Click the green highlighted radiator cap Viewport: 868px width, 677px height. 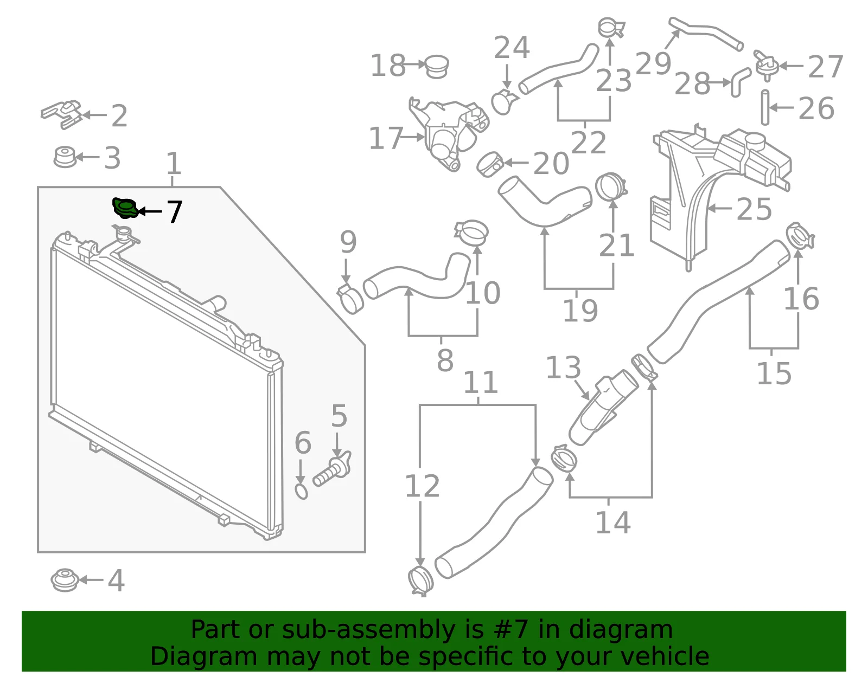coord(125,208)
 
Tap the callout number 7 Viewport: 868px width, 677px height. coord(175,212)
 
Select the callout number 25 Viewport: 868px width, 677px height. coord(754,209)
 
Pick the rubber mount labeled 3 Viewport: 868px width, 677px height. coord(65,157)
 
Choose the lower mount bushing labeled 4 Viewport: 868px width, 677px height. coord(65,579)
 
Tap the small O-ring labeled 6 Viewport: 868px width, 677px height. coord(302,491)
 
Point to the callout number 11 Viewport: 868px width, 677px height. coord(481,383)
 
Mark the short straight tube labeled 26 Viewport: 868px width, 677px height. coord(765,107)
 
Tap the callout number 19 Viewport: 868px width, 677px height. coord(580,310)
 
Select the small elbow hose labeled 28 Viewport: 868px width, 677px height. coord(740,82)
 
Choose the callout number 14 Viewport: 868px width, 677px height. coord(613,523)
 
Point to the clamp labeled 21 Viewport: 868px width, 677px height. coord(611,186)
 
